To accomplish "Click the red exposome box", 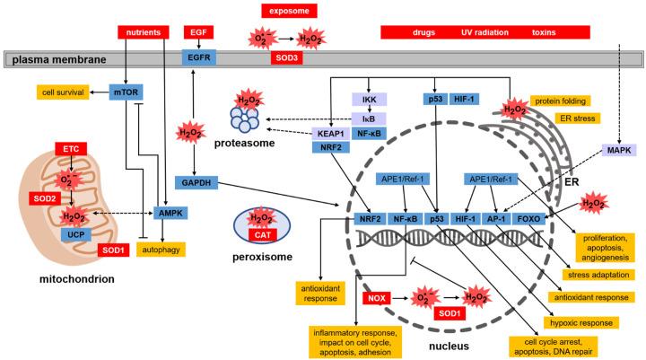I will pyautogui.click(x=290, y=10).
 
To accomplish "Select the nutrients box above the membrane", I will pyautogui.click(x=144, y=32).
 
